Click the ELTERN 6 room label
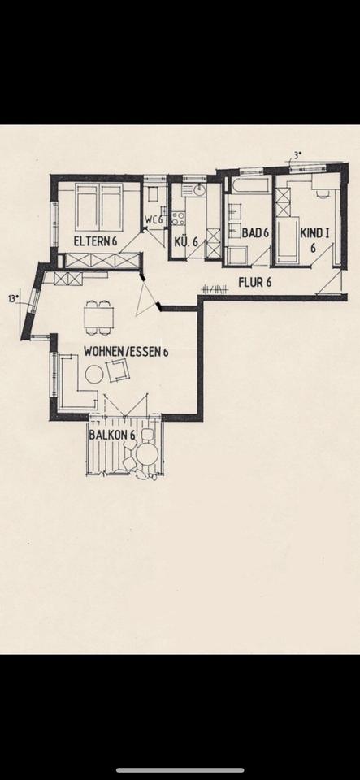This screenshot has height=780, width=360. [x=95, y=241]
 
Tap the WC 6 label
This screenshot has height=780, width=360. [x=154, y=219]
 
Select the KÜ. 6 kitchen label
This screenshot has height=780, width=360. [x=186, y=242]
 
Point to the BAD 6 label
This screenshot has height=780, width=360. [x=256, y=232]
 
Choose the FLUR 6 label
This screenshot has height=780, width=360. [x=254, y=282]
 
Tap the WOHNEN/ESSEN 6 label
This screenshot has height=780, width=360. [x=126, y=352]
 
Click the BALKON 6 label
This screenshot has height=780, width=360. [x=112, y=434]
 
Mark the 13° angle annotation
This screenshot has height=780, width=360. [x=14, y=298]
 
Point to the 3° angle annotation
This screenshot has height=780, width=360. [x=298, y=155]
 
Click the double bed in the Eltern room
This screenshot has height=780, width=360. [x=99, y=207]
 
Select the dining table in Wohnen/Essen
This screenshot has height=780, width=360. [x=98, y=317]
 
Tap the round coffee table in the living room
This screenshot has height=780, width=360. [x=93, y=374]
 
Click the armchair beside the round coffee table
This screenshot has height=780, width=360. [x=119, y=370]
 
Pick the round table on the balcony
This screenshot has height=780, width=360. [x=147, y=453]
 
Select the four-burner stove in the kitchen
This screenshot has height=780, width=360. [x=178, y=218]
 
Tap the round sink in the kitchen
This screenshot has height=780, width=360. [x=200, y=189]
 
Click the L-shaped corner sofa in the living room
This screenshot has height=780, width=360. [x=73, y=385]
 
